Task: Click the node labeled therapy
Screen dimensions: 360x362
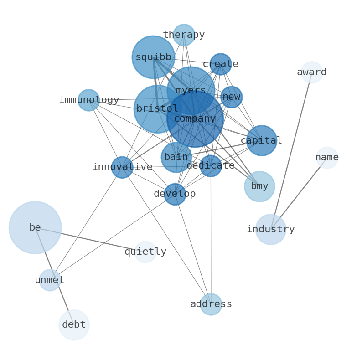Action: [x=184, y=35]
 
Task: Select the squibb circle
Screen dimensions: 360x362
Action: [x=153, y=57]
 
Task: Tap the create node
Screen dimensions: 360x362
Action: [x=221, y=64]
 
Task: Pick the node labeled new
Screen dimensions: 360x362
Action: [x=231, y=97]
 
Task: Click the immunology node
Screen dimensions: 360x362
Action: [x=88, y=100]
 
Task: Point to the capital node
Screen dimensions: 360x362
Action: [x=261, y=140]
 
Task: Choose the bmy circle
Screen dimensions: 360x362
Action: [x=259, y=186]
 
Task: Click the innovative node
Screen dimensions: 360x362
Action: [x=122, y=167]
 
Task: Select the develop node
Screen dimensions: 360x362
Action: [x=175, y=194]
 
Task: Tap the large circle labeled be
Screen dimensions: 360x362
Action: [x=35, y=227]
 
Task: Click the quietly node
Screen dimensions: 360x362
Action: [x=145, y=252]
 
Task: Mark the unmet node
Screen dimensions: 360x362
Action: [x=50, y=280]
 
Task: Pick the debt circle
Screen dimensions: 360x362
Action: [x=74, y=325]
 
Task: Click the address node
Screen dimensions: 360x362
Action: [x=211, y=304]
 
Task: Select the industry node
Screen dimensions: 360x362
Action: [x=271, y=229]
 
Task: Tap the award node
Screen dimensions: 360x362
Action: [x=312, y=72]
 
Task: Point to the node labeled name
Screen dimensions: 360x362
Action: [x=327, y=158]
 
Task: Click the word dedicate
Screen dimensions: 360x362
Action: [x=211, y=166]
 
